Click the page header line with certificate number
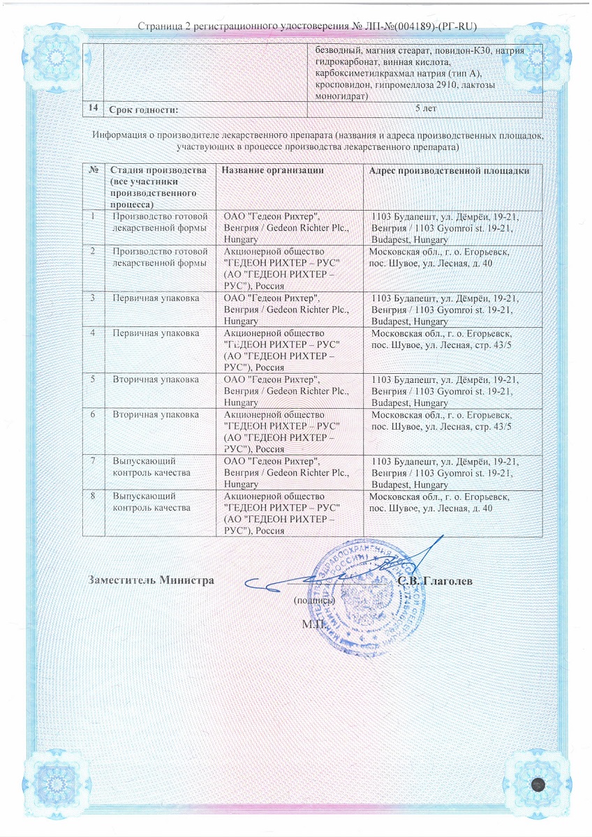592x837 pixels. click(307, 27)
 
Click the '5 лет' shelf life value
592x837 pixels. click(427, 109)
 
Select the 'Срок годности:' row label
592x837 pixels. click(143, 110)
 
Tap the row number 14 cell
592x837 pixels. click(93, 109)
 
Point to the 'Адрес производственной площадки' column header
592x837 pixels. click(449, 171)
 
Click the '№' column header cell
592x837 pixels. click(93, 171)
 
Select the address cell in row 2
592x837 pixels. click(440, 257)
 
